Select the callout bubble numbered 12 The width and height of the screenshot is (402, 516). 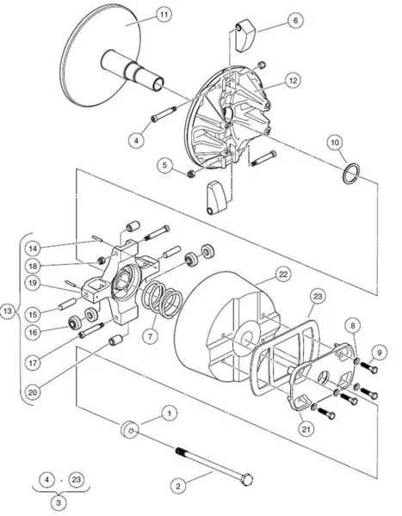tap(294, 80)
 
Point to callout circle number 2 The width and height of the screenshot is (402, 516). tap(178, 486)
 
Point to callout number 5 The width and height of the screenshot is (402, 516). tap(165, 163)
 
